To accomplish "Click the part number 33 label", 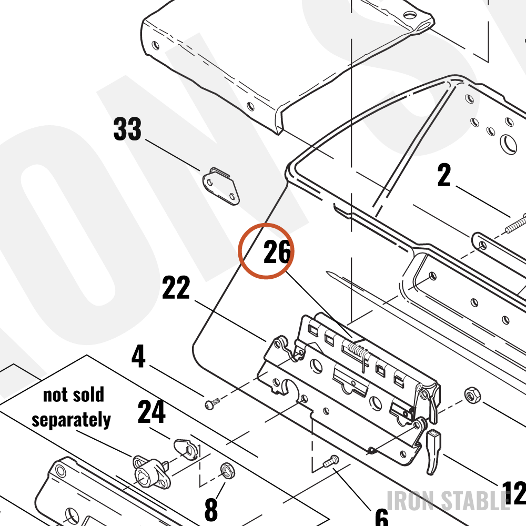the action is [127, 129].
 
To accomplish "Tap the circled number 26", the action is [277, 251].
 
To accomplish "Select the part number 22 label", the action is [176, 287].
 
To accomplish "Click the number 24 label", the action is [151, 411].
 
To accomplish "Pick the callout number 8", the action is [211, 509].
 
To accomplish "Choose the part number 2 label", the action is [444, 175].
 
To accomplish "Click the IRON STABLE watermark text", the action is [448, 501].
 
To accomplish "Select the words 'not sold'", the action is [74, 394].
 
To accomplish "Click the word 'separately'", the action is [71, 420].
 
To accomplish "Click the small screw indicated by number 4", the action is [212, 403].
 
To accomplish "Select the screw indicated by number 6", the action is [331, 461].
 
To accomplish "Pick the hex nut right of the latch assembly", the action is [472, 395].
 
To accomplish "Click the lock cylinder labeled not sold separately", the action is [151, 472].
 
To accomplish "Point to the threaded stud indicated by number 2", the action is [515, 224].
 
